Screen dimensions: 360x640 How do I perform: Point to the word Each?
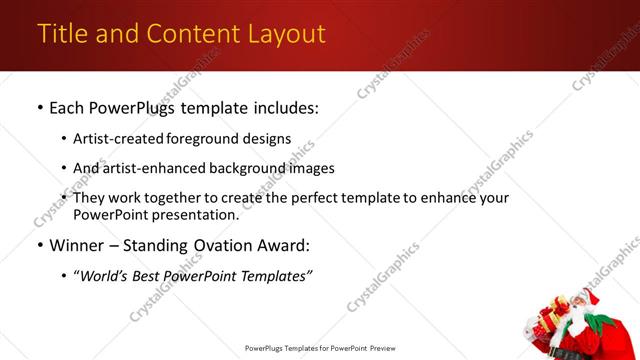(68, 106)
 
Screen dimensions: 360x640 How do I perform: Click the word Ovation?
(227, 245)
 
